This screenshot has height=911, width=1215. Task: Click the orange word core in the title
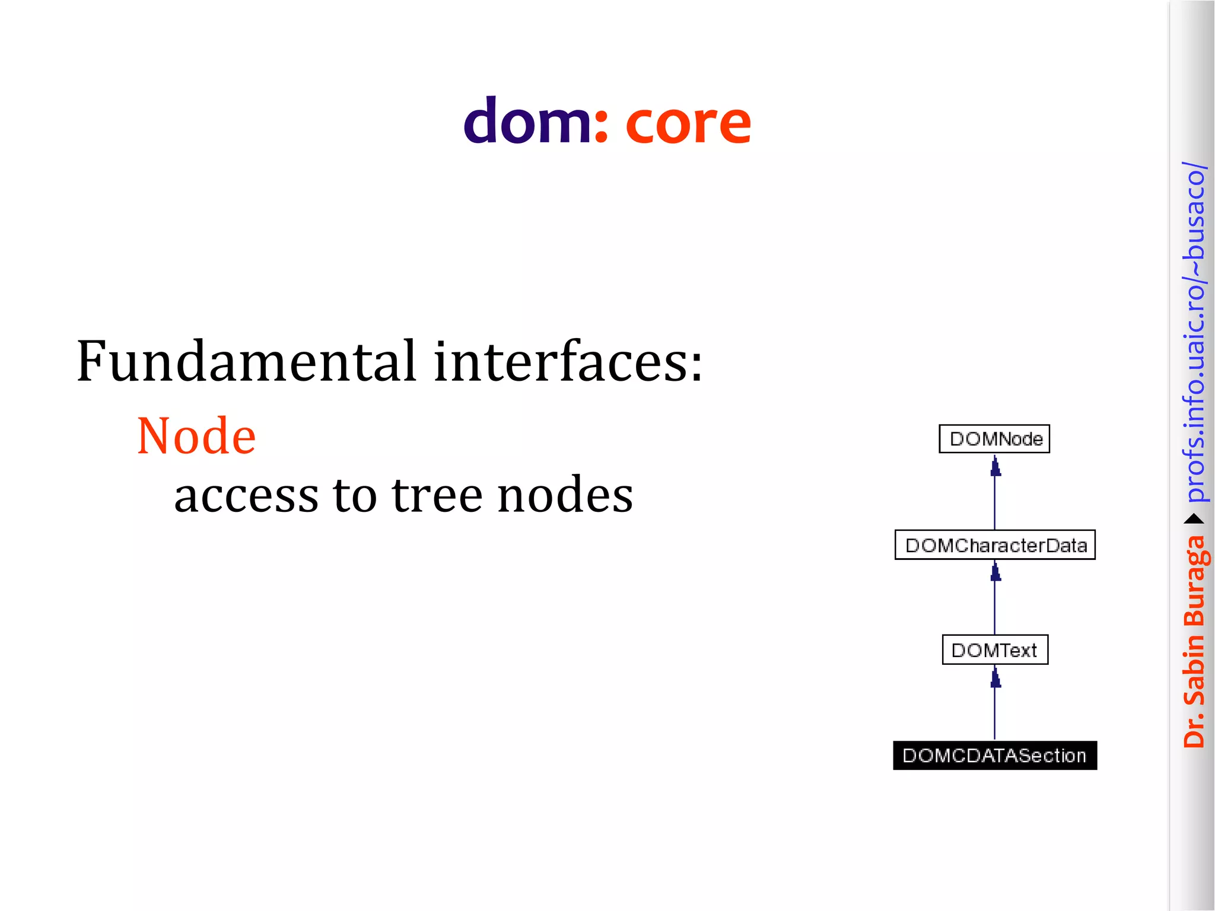click(x=688, y=123)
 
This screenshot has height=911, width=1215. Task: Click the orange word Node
click(x=196, y=437)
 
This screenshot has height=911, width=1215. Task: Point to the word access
click(x=246, y=495)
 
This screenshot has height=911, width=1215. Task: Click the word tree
click(x=437, y=495)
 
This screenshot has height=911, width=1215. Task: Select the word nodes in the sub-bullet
click(x=565, y=495)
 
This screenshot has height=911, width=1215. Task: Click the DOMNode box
click(x=994, y=439)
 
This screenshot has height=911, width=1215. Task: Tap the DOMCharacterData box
click(x=995, y=545)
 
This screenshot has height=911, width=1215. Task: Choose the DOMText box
click(x=995, y=650)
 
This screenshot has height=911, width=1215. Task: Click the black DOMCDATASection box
click(x=995, y=756)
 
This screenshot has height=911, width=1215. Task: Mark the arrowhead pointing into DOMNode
click(x=995, y=467)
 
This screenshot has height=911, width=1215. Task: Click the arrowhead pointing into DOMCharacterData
click(x=995, y=572)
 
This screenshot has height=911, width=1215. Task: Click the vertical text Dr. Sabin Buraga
click(x=1194, y=641)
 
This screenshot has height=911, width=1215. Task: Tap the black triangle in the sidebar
click(x=1194, y=520)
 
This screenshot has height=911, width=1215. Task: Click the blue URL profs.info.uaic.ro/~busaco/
click(x=1194, y=332)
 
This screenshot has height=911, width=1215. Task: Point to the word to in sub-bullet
click(x=354, y=495)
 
